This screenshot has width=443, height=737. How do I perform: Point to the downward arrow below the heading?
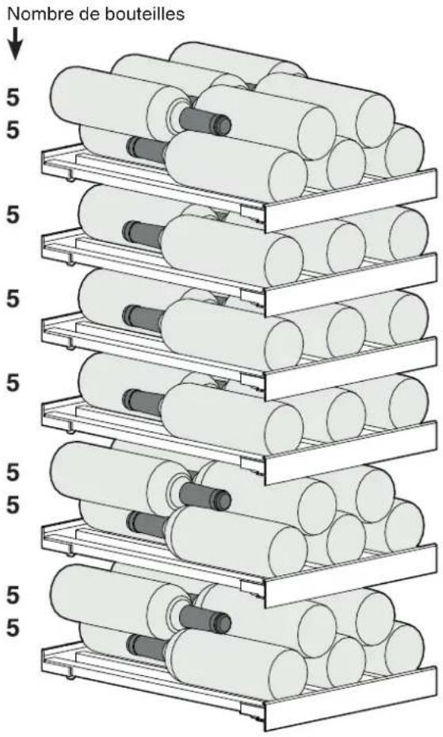pyautogui.click(x=16, y=44)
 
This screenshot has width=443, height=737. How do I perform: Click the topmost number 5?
pyautogui.click(x=13, y=98)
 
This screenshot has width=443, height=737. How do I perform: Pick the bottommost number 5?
pyautogui.click(x=13, y=628)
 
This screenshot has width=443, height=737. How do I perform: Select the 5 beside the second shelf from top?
pyautogui.click(x=13, y=215)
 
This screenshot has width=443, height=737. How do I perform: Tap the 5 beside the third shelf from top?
pyautogui.click(x=13, y=299)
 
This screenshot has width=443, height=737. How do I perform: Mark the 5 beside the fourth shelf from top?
pyautogui.click(x=13, y=383)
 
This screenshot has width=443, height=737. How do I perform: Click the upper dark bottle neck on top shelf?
pyautogui.click(x=205, y=121)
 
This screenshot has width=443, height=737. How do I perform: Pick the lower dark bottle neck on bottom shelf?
pyautogui.click(x=147, y=647)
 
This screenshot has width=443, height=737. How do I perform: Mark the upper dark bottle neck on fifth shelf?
pyautogui.click(x=205, y=497)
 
